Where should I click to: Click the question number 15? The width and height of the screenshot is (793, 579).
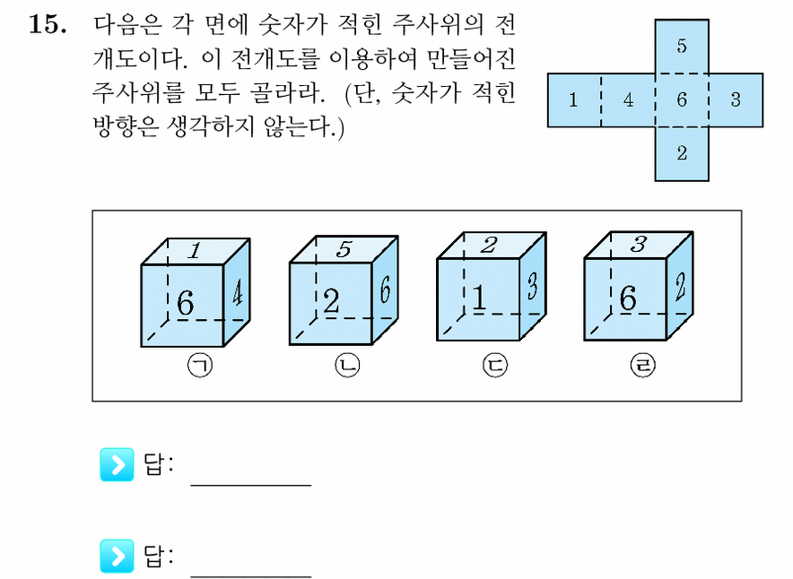tap(48, 25)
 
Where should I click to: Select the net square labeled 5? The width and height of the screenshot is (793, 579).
tap(682, 47)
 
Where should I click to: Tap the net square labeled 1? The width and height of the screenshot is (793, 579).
tap(574, 100)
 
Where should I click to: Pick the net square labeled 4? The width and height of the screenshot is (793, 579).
tap(628, 100)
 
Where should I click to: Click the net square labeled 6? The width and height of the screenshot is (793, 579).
tap(682, 100)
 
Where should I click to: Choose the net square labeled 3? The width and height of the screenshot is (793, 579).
tap(736, 100)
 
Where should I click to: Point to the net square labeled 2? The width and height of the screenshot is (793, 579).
tap(682, 153)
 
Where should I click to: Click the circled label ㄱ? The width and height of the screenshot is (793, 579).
tap(200, 365)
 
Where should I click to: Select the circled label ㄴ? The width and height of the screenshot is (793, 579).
tap(347, 365)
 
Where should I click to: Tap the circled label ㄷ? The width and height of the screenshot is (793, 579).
tap(495, 365)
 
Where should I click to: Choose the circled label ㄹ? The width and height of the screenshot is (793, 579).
tap(643, 365)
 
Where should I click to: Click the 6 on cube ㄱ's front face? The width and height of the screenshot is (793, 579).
tap(185, 303)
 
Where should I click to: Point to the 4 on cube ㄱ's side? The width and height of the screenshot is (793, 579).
tap(237, 294)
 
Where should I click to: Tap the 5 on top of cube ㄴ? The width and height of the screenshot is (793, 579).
tap(344, 249)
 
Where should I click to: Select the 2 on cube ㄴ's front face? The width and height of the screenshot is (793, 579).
tap(331, 302)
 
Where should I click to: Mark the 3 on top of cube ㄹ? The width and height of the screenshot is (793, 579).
tap(639, 244)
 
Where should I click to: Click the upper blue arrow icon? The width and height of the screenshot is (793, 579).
tap(117, 464)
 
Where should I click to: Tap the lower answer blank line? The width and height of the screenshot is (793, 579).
tap(251, 576)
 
